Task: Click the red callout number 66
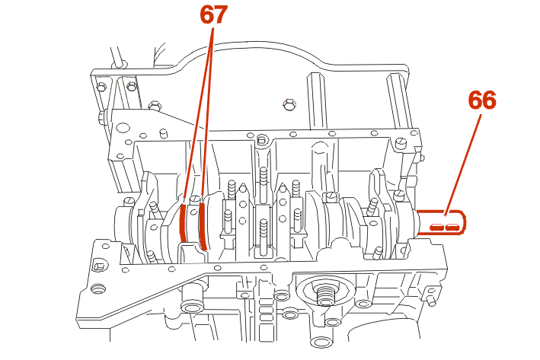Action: tap(482, 100)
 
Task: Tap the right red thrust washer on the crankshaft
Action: tap(202, 226)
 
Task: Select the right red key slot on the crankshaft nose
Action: tap(453, 226)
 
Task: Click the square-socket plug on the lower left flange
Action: tap(97, 266)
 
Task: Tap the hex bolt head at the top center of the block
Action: tap(288, 103)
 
